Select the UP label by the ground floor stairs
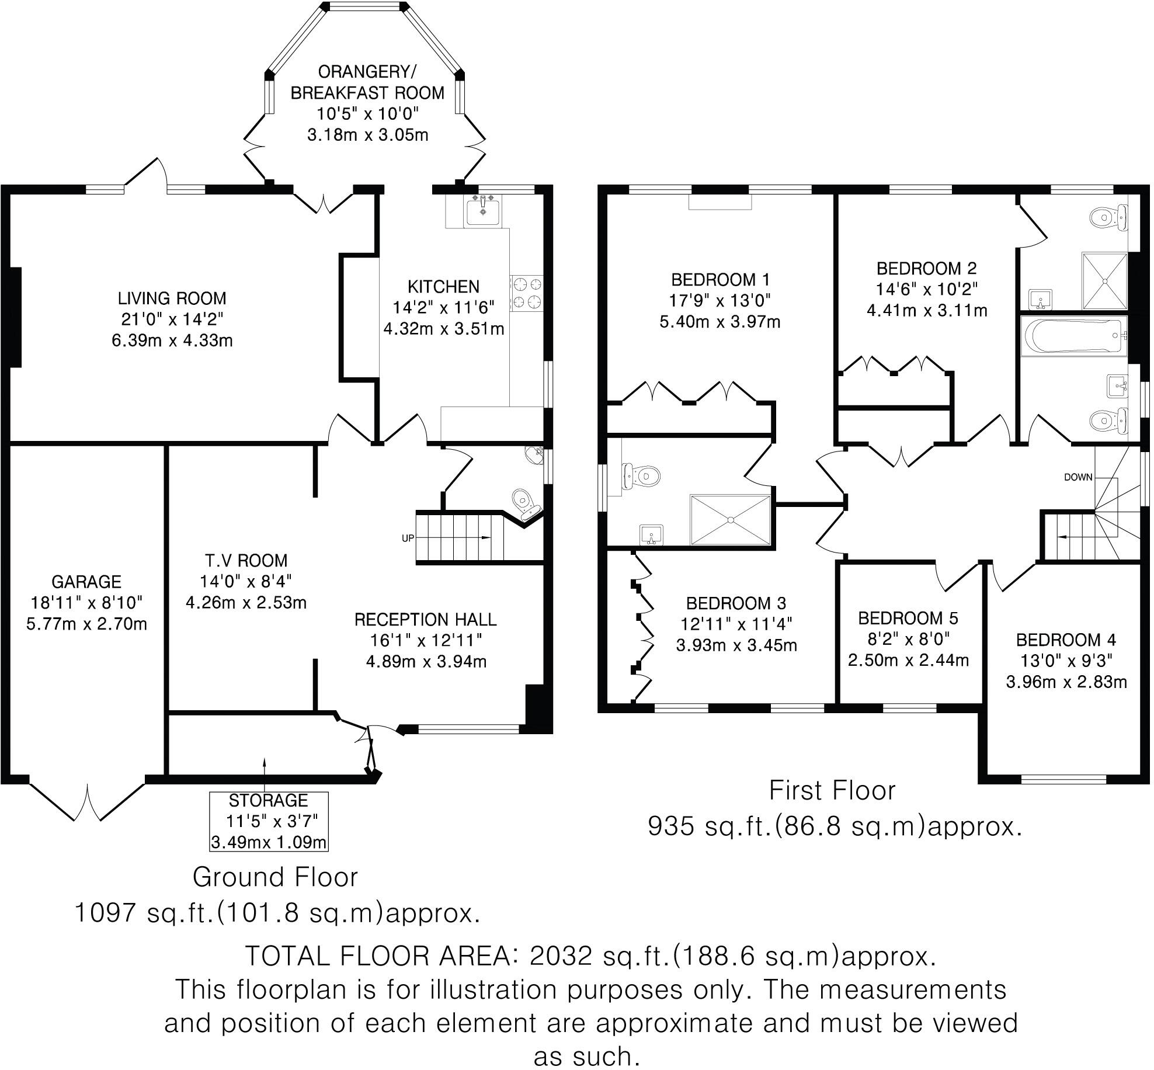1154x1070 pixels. (408, 538)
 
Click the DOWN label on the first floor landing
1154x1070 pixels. (1077, 477)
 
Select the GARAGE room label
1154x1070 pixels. (86, 582)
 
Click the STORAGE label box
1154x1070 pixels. (269, 821)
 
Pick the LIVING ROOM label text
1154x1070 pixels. (172, 298)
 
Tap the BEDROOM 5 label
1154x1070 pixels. (908, 618)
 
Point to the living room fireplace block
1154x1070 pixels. (14, 317)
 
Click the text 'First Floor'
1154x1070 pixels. (832, 791)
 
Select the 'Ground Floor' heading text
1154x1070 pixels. (275, 877)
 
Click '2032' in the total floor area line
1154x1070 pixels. (557, 956)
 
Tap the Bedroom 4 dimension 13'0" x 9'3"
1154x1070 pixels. (1066, 661)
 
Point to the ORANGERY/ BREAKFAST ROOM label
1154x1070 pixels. (367, 82)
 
